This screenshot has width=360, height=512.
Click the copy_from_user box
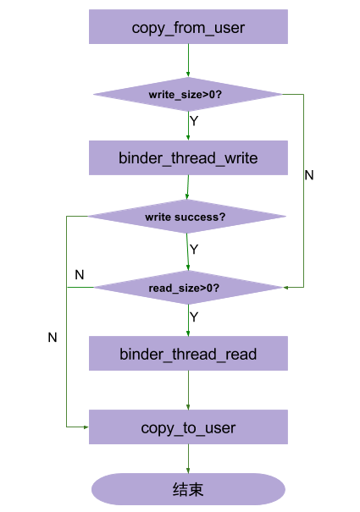point(188,28)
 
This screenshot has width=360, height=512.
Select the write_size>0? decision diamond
point(188,95)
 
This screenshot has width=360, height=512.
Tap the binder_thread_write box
point(188,158)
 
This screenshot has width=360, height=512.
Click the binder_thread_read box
point(188,353)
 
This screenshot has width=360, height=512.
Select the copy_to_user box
point(188,427)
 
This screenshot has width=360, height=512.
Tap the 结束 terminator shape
point(188,490)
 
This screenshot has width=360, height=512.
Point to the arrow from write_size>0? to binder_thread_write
point(188,125)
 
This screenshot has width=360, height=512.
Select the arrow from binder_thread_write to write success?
point(188,187)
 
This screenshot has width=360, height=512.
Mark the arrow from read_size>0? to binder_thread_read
point(188,320)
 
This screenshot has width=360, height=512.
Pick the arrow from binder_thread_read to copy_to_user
point(188,390)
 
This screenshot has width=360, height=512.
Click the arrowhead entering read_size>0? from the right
point(288,288)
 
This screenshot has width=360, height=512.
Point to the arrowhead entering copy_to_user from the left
point(85,427)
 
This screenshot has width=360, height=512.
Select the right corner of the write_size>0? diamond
point(283,95)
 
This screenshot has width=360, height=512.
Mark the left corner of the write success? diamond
point(88,217)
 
